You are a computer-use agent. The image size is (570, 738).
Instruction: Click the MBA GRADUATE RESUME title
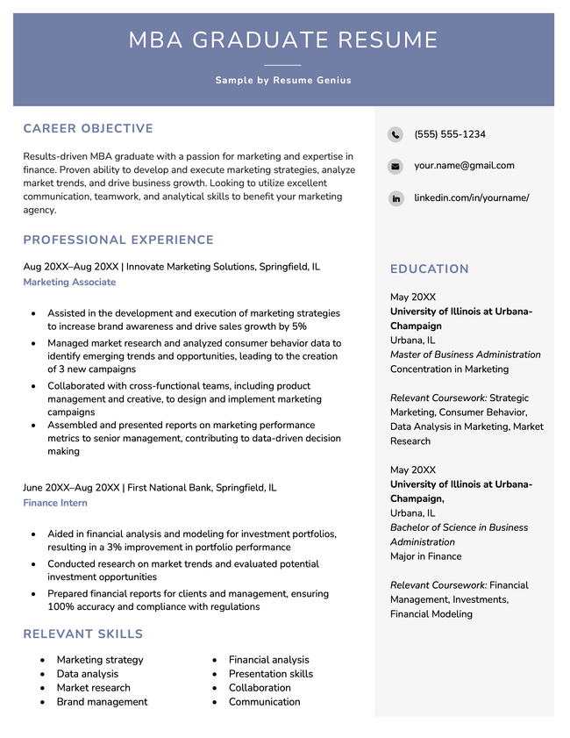(x=283, y=40)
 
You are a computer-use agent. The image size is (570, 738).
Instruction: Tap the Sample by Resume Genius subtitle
(x=283, y=80)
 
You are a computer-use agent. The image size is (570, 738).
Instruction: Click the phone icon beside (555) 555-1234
(x=395, y=134)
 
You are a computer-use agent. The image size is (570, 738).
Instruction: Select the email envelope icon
(x=395, y=166)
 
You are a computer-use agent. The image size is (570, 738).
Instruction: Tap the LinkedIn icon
(x=395, y=198)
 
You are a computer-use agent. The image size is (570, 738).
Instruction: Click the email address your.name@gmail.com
(x=464, y=165)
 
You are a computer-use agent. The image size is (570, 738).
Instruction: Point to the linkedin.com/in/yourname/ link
(x=471, y=197)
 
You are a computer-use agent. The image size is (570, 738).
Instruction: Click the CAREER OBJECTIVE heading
(x=88, y=129)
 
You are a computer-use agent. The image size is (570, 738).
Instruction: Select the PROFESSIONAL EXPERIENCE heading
(x=118, y=240)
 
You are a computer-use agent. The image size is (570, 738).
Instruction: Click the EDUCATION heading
(x=429, y=269)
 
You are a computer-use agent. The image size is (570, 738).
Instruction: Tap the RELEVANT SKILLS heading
(x=82, y=634)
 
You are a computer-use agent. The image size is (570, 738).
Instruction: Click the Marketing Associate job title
(x=69, y=282)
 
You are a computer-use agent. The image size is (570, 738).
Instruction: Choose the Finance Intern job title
(x=55, y=503)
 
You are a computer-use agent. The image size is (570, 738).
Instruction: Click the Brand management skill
(x=102, y=701)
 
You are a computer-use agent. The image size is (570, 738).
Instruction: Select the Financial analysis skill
(x=268, y=659)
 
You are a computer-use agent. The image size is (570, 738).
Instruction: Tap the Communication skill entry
(x=264, y=701)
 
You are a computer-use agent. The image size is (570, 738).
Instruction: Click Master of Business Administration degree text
(x=465, y=355)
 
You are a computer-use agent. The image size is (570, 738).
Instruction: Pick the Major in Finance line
(x=425, y=556)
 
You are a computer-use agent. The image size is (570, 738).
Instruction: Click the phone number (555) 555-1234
(x=450, y=134)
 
